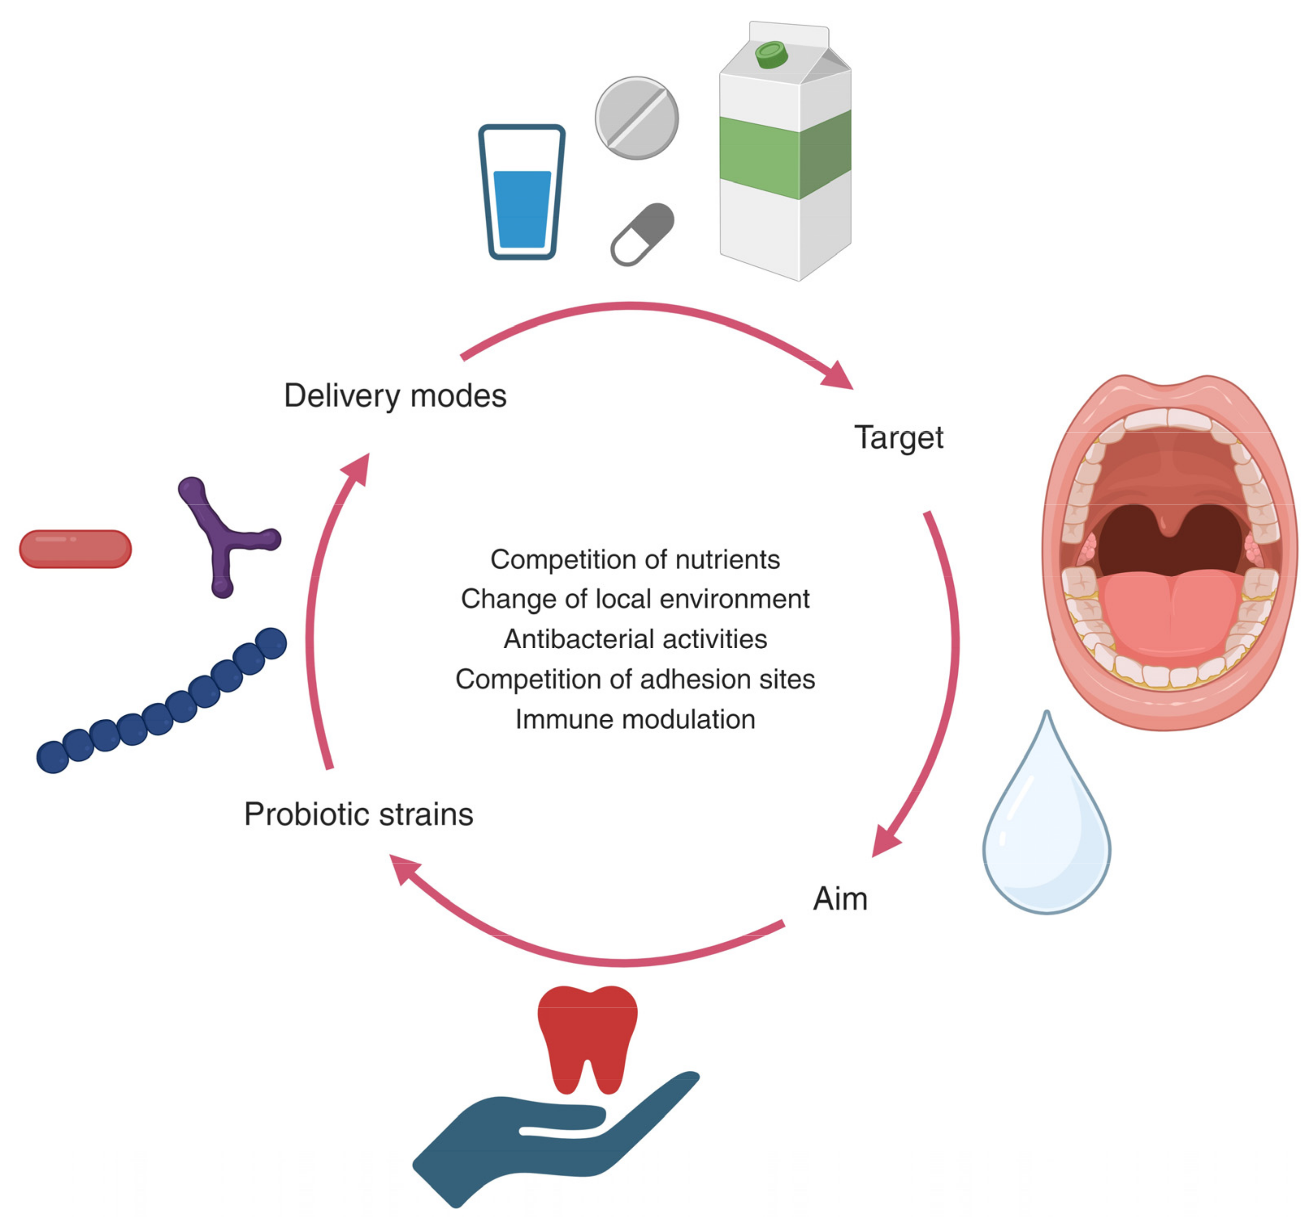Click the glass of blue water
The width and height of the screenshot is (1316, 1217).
[x=521, y=198]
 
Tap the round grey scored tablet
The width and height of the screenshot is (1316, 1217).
[x=636, y=118]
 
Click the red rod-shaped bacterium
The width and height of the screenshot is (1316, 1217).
[x=75, y=548]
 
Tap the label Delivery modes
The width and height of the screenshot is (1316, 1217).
[x=395, y=396]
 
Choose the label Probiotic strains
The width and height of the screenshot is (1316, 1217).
[x=359, y=814]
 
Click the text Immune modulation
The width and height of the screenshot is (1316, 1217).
[x=634, y=719]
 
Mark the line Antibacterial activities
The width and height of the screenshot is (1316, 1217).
[x=634, y=639]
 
